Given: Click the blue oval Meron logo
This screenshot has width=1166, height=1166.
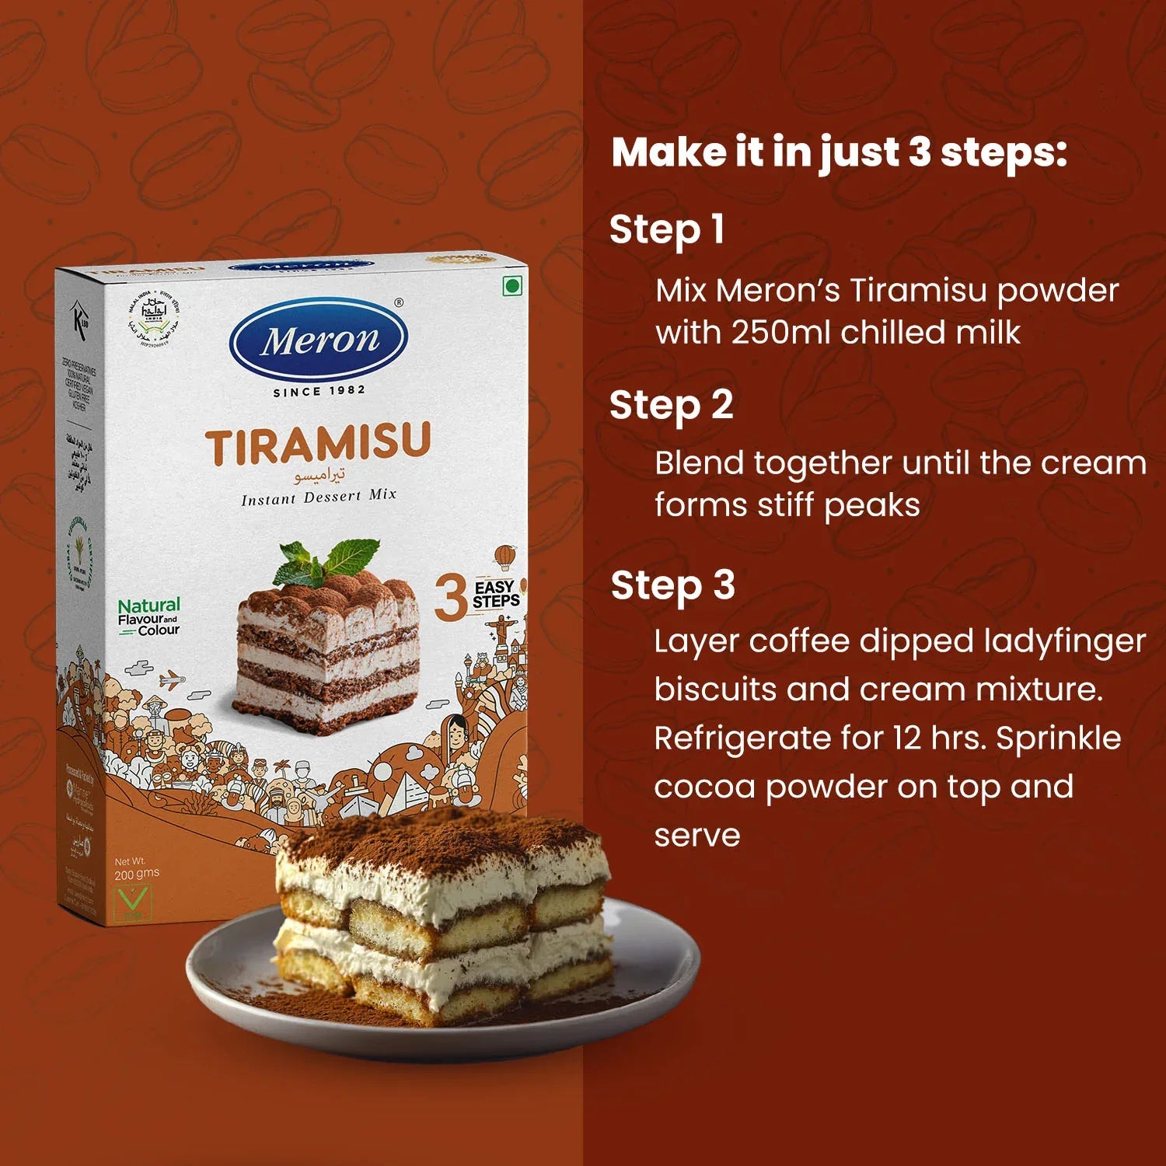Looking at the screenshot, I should [319, 340].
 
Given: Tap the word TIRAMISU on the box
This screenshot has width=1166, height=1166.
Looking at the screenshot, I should [318, 445].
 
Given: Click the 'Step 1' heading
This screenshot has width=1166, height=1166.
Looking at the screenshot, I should [667, 230].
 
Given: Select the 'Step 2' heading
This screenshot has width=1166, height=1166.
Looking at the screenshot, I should [672, 406].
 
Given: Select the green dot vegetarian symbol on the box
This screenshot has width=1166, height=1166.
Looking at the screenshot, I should [511, 287].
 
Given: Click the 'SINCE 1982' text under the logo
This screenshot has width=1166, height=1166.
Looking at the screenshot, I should [319, 391].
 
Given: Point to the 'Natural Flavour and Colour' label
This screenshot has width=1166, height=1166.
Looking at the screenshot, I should [148, 617].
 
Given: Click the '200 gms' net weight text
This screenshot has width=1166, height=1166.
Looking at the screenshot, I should [137, 874].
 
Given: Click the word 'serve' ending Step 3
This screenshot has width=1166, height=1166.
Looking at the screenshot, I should [696, 836].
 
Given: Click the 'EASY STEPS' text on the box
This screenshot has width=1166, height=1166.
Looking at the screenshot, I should [495, 594].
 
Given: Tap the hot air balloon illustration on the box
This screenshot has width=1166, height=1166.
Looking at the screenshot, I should [504, 557].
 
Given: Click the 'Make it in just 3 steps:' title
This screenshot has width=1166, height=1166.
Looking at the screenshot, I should [839, 152].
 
